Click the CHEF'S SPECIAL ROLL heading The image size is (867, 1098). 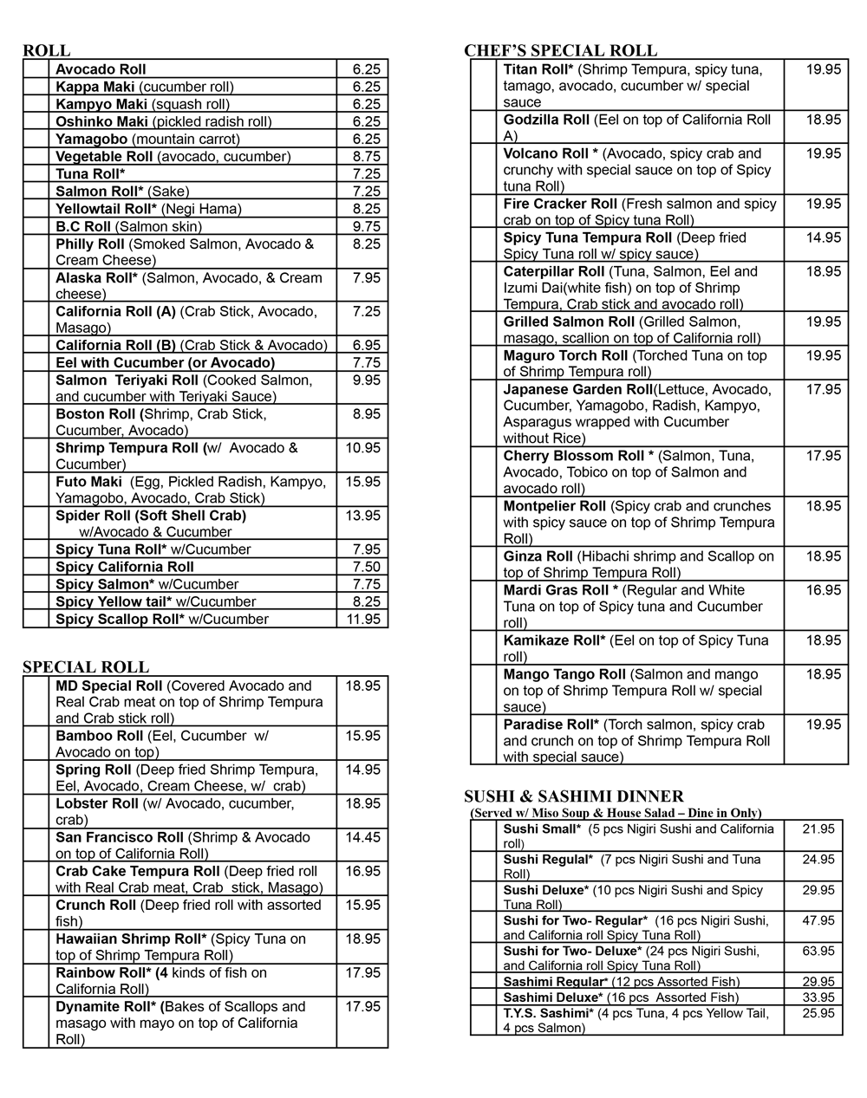560,50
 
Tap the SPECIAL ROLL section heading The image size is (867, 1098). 86,666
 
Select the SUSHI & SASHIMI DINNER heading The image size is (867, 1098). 574,796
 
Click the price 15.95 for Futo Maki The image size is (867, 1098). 362,482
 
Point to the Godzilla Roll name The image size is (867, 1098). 546,120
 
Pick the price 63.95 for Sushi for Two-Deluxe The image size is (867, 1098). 818,952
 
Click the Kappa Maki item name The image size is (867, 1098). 95,87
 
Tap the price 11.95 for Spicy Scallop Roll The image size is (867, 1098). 362,619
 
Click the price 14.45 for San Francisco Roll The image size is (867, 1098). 362,837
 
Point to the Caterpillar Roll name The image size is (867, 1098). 554,271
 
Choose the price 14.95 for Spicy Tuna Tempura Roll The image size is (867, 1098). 823,237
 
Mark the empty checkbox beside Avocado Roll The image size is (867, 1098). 36,69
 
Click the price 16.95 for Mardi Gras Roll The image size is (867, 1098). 823,590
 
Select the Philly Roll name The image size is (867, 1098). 90,244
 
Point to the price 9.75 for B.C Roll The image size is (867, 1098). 366,226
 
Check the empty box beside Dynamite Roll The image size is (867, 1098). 36,1023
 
